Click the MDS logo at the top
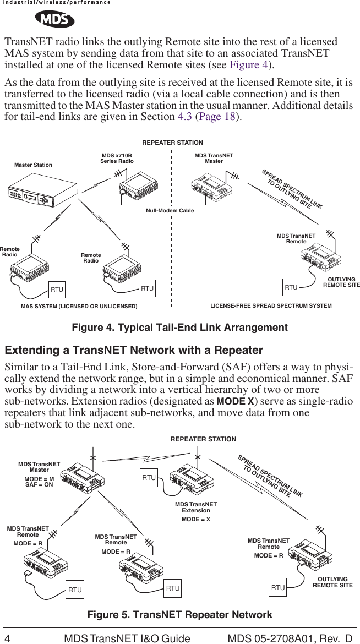click(x=54, y=20)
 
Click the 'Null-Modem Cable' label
click(x=170, y=211)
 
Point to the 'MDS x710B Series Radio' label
click(x=117, y=159)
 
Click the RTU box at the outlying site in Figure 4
click(x=291, y=287)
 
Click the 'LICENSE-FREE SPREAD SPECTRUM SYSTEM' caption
click(x=271, y=305)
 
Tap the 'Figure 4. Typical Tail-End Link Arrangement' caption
click(x=180, y=328)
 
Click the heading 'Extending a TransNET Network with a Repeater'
click(x=134, y=351)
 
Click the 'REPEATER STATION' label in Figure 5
click(x=203, y=439)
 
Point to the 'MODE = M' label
click(x=39, y=479)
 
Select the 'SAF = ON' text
click(x=39, y=485)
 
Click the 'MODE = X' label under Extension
click(x=196, y=519)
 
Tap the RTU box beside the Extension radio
click(x=149, y=478)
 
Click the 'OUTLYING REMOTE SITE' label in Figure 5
click(x=332, y=582)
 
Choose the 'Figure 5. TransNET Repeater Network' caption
click(x=180, y=615)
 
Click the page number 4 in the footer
click(x=8, y=637)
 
